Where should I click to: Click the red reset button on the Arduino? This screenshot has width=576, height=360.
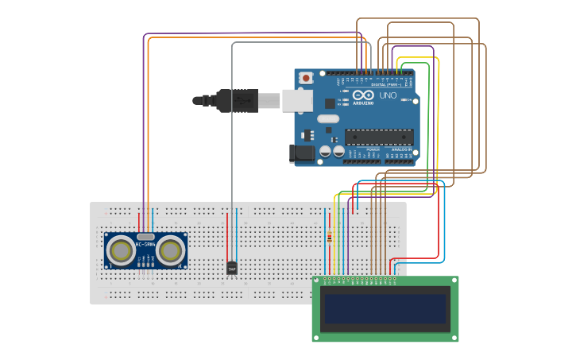(x=306, y=78)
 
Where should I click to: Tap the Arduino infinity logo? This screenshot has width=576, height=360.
(x=363, y=95)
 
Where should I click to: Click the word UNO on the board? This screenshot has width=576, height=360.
(x=388, y=95)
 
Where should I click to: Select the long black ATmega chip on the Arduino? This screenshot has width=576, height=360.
(x=379, y=137)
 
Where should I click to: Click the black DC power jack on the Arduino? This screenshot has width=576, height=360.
(x=302, y=153)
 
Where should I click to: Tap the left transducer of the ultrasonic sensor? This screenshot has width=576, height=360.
(x=121, y=251)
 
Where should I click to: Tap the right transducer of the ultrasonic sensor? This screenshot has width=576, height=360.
(x=170, y=251)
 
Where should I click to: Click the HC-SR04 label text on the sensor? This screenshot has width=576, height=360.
(x=145, y=245)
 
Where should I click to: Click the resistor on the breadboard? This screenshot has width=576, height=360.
(x=330, y=236)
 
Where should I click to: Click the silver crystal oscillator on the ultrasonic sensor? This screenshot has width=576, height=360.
(x=145, y=236)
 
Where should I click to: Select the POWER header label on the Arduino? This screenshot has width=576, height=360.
(x=373, y=149)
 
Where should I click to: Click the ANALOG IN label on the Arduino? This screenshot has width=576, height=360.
(x=400, y=149)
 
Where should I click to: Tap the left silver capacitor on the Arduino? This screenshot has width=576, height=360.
(x=325, y=150)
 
